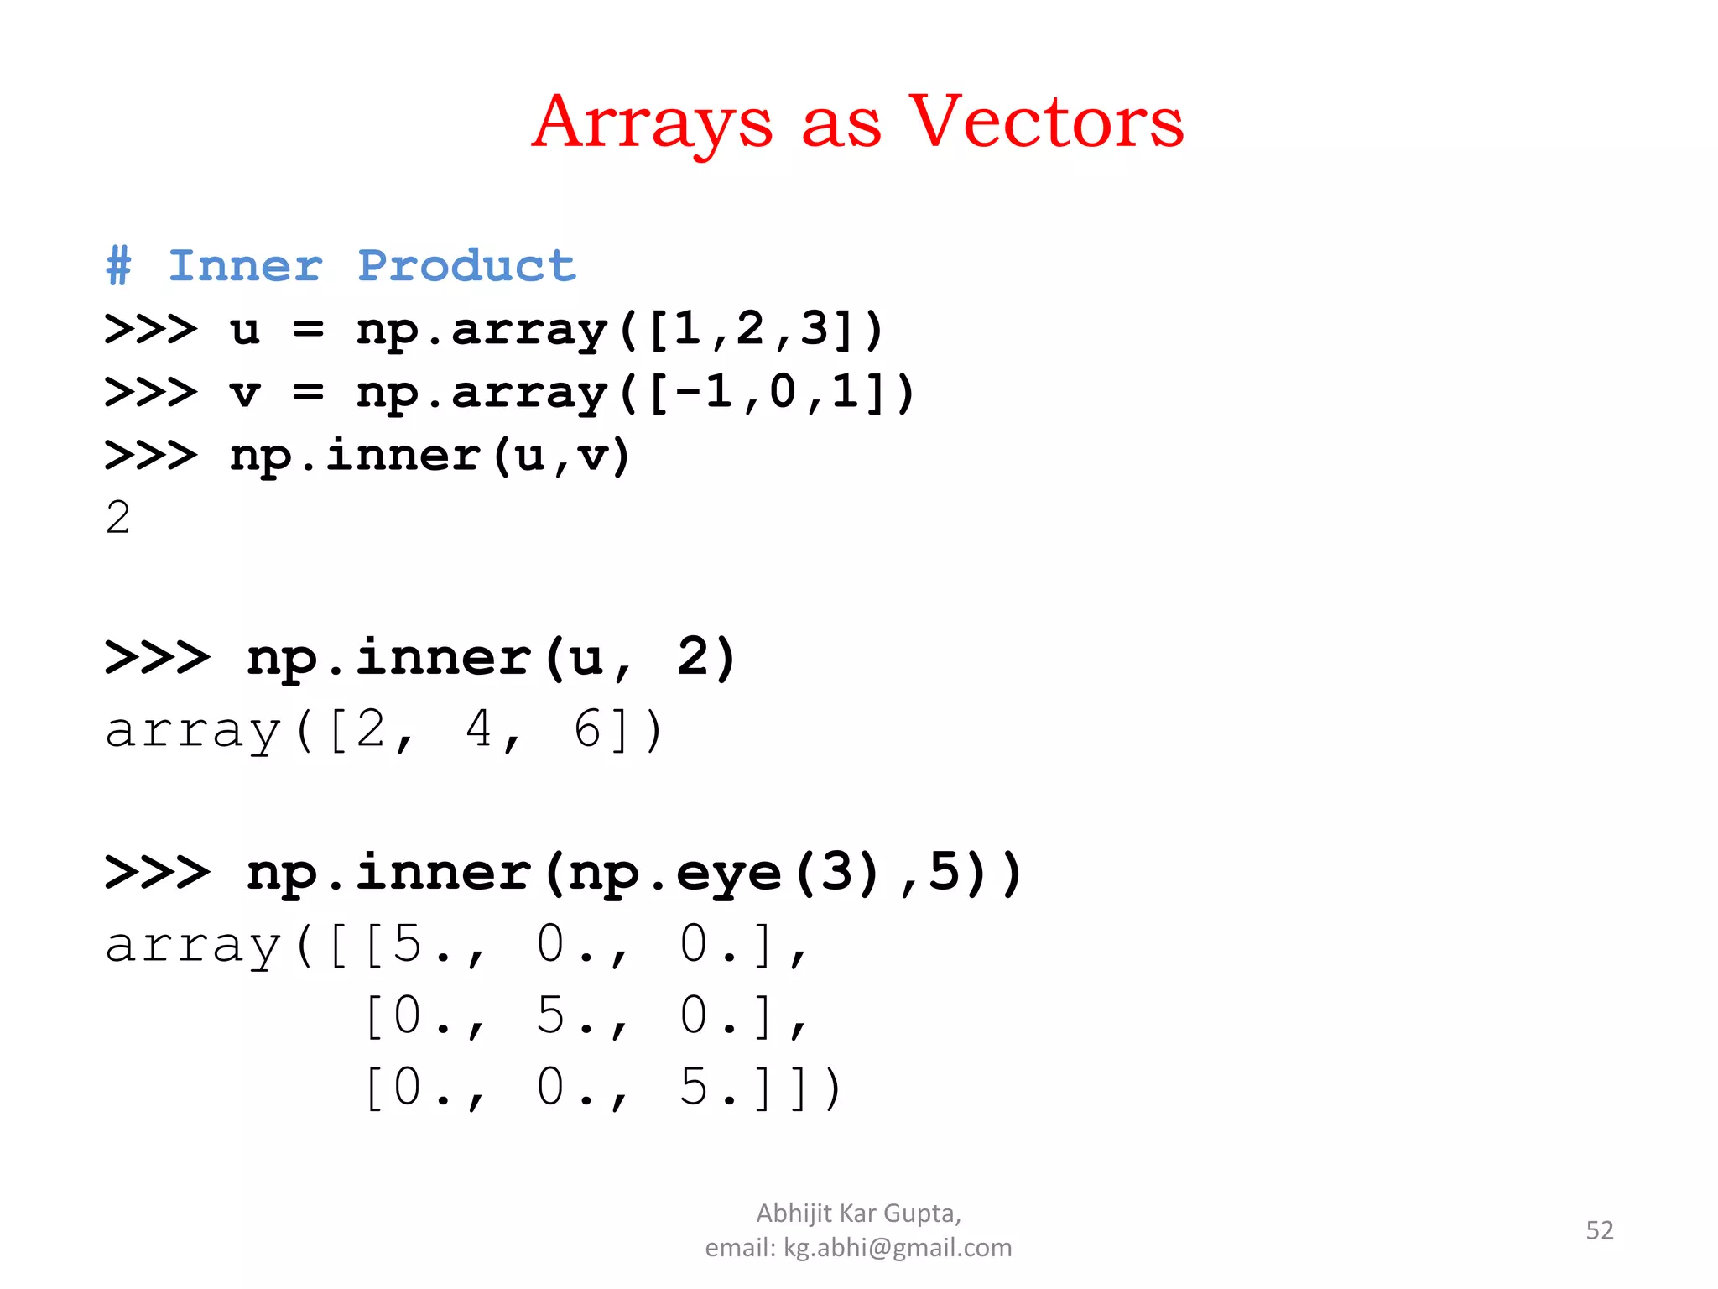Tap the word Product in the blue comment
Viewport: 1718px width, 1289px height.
466,266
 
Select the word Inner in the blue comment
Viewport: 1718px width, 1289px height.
245,266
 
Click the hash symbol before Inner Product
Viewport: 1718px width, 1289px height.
118,266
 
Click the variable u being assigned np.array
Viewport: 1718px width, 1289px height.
245,330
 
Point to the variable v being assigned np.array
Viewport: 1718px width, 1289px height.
245,393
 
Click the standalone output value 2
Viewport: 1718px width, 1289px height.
118,517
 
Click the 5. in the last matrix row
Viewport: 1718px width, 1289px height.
701,1088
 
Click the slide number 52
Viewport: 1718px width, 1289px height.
1599,1230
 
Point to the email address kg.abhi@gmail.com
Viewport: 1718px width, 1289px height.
898,1248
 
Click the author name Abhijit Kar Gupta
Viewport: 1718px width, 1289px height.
857,1213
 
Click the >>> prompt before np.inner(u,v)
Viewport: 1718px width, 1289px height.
151,456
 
